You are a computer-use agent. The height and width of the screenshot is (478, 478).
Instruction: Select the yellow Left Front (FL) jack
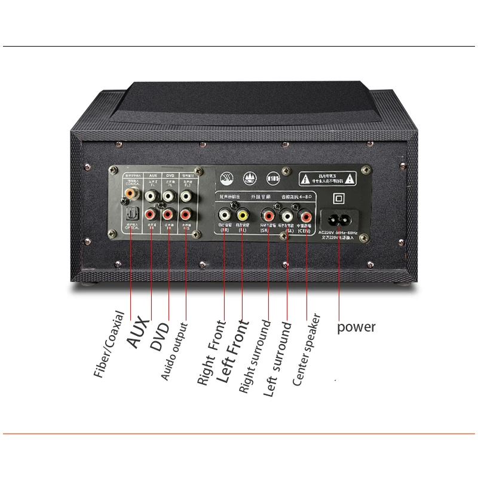(243, 215)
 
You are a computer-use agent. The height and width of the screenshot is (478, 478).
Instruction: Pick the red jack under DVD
(168, 213)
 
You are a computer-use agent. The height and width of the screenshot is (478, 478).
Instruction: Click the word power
(357, 327)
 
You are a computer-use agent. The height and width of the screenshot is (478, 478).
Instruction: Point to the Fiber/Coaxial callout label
(109, 345)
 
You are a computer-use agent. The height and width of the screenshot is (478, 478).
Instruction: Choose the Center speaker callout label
(307, 350)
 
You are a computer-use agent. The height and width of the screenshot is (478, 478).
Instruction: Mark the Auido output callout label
(174, 351)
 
